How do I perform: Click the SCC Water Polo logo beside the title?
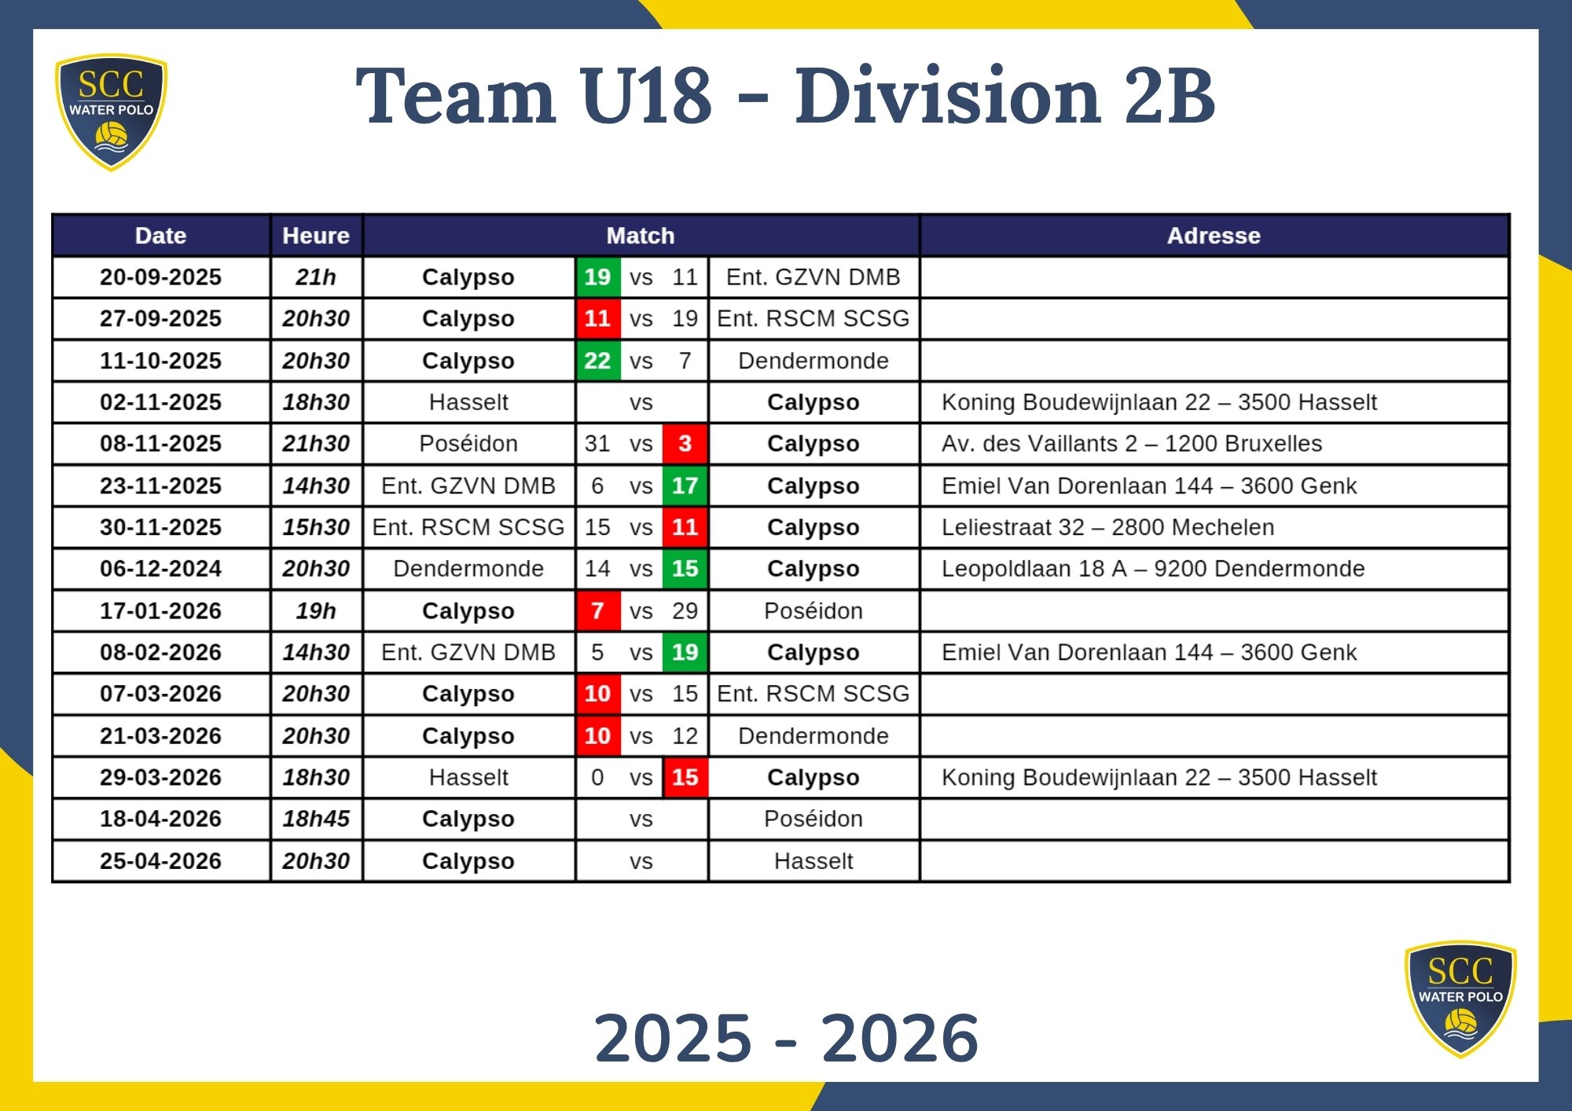(x=111, y=112)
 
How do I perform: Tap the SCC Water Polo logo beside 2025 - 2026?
(x=1460, y=999)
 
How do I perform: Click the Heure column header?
(x=316, y=236)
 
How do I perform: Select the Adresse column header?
(x=1213, y=236)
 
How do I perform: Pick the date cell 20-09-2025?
(x=160, y=277)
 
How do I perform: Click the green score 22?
(x=597, y=361)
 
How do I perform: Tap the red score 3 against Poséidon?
(x=685, y=444)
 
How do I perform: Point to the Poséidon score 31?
(x=597, y=444)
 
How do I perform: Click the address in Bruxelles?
(x=1131, y=444)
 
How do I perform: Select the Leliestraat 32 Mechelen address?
(x=1107, y=527)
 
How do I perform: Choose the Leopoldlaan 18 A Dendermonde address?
(x=1152, y=569)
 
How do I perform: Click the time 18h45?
(x=316, y=819)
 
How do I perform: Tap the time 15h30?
(x=316, y=527)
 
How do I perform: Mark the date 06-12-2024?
(x=160, y=569)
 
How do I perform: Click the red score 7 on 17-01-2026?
(x=597, y=610)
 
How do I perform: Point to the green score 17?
(x=685, y=486)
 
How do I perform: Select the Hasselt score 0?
(x=597, y=777)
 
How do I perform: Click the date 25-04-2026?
(x=160, y=861)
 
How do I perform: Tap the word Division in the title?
(x=946, y=96)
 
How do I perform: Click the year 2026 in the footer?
(x=899, y=1038)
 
